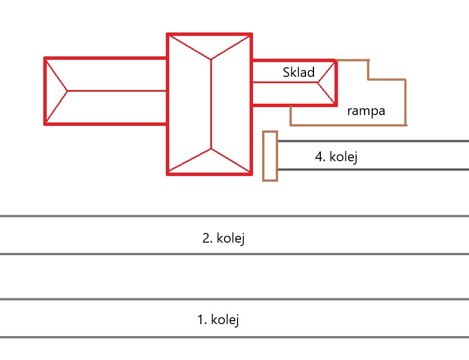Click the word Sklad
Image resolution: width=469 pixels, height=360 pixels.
(x=299, y=72)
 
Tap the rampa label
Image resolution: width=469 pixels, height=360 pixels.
(x=366, y=111)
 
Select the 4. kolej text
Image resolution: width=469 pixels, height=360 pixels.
(x=336, y=156)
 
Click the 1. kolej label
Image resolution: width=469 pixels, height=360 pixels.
(x=218, y=320)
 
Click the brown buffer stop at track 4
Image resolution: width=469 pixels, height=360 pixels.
(x=270, y=156)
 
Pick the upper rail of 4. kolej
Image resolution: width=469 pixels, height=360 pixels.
(x=370, y=141)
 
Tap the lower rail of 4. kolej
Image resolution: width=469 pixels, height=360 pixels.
(x=370, y=169)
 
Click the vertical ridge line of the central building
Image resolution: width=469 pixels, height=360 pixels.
(x=211, y=103)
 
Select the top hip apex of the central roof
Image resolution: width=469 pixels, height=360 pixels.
(x=211, y=58)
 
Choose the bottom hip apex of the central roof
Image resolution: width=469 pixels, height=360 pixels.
(x=211, y=149)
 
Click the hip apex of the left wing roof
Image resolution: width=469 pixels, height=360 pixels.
(x=68, y=90)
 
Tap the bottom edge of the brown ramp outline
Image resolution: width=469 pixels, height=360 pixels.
(x=348, y=124)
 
